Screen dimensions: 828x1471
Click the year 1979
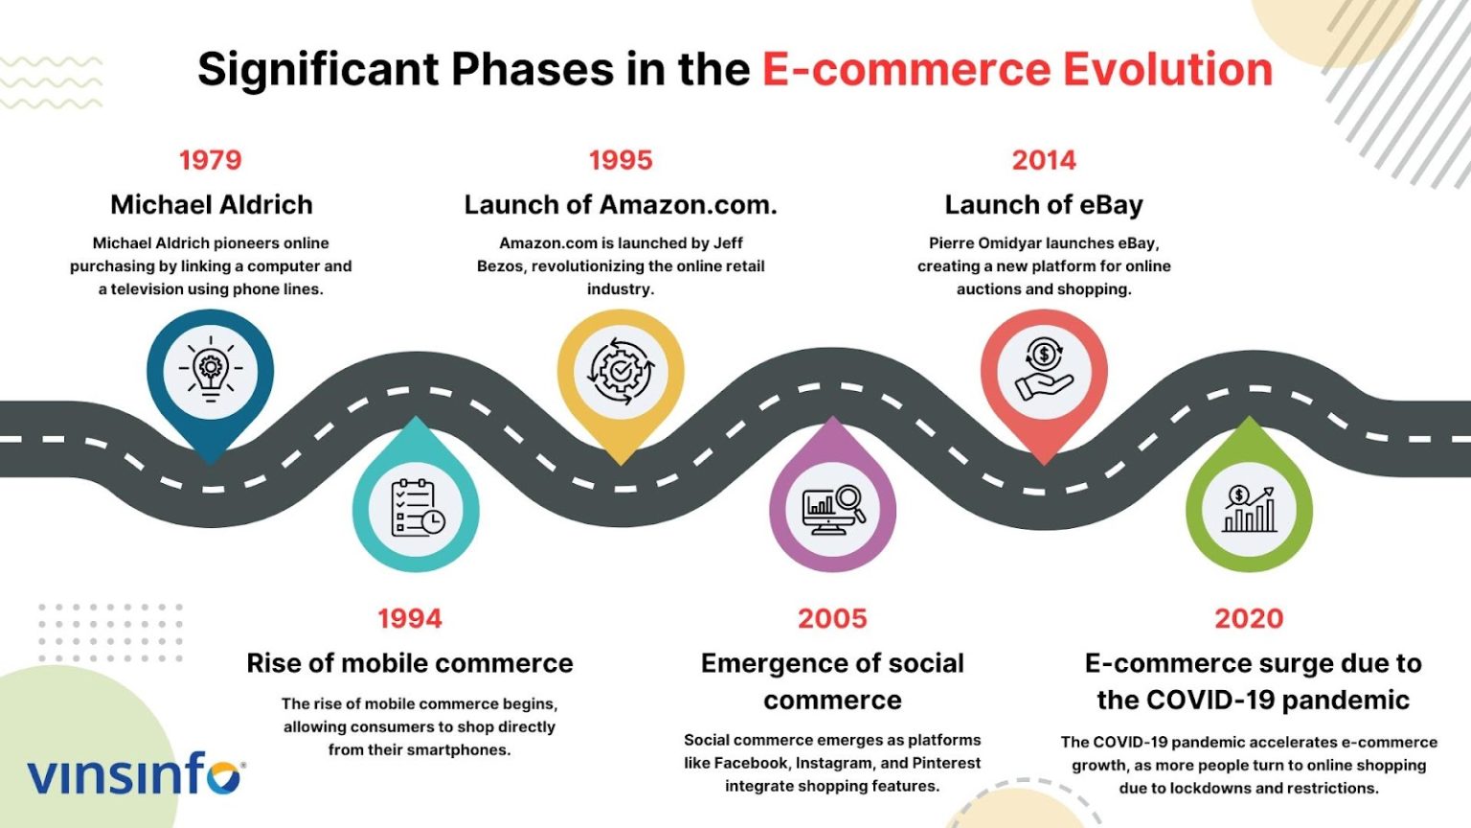[211, 160]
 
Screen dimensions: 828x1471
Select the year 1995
[621, 160]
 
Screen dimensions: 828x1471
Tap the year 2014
[1044, 160]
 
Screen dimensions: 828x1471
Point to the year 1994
[410, 619]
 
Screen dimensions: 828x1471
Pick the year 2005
[832, 619]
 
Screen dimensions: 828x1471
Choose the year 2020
[1249, 619]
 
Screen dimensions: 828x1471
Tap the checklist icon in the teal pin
[417, 509]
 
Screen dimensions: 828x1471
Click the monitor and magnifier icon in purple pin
[832, 509]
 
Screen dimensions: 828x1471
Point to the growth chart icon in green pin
[1249, 509]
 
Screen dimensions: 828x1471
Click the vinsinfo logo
[135, 774]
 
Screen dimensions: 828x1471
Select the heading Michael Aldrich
[212, 205]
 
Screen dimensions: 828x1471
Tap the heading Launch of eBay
[1044, 205]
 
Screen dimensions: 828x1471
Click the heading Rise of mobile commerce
[410, 663]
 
